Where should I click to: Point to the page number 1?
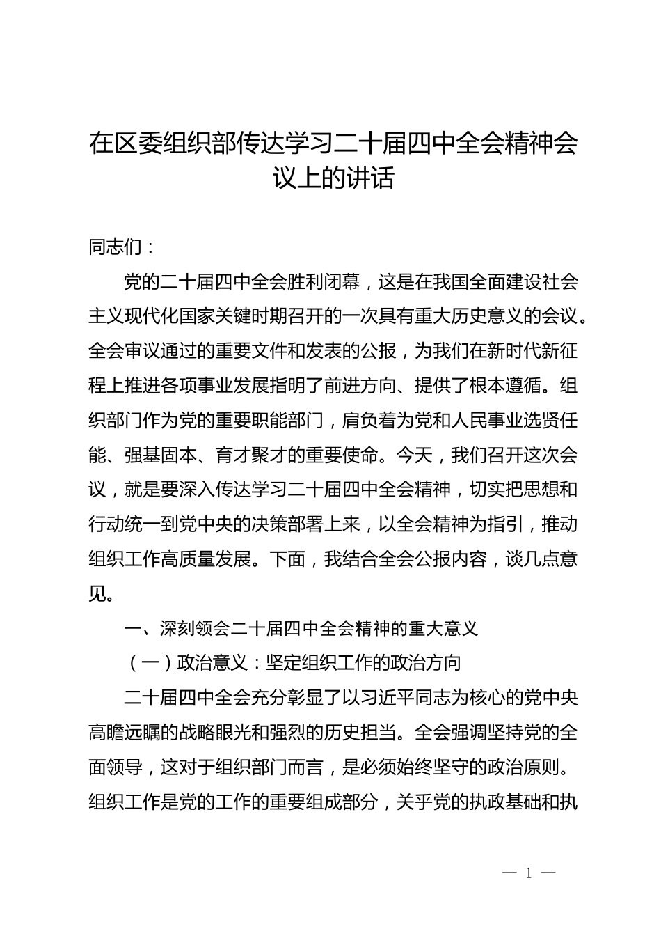tap(529, 873)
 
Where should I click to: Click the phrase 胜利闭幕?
tap(325, 282)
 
